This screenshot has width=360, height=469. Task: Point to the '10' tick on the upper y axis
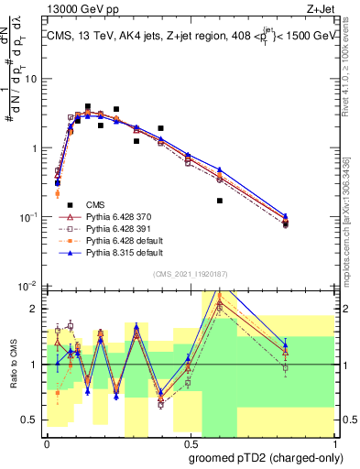pyautogui.click(x=30, y=79)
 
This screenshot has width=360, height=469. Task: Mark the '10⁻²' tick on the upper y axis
pyautogui.click(x=27, y=285)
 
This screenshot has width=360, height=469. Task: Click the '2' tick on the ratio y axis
pyautogui.click(x=35, y=308)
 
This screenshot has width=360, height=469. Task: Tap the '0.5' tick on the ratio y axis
pyautogui.click(x=30, y=421)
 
